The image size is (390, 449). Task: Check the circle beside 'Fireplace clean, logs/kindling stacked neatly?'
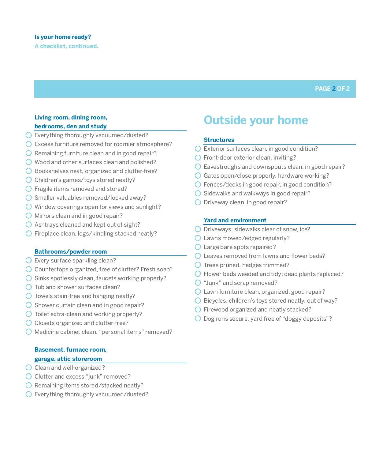pyautogui.click(x=29, y=234)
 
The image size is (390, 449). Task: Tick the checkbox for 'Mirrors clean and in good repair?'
pyautogui.click(x=29, y=216)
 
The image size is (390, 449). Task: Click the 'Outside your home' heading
pyautogui.click(x=256, y=120)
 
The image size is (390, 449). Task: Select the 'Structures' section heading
pyautogui.click(x=219, y=140)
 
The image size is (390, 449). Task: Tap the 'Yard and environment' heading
pyautogui.click(x=235, y=221)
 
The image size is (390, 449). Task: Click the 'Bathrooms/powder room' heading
pyautogui.click(x=71, y=252)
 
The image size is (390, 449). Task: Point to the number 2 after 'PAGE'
pyautogui.click(x=334, y=89)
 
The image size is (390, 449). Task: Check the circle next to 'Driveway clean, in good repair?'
pyautogui.click(x=198, y=202)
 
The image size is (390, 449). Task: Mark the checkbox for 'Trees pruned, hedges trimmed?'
pyautogui.click(x=198, y=265)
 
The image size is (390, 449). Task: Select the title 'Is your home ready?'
pyautogui.click(x=63, y=37)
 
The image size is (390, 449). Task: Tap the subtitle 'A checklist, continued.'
pyautogui.click(x=66, y=46)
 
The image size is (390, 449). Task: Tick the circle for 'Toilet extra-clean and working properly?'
pyautogui.click(x=29, y=314)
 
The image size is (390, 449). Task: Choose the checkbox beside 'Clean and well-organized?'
pyautogui.click(x=29, y=368)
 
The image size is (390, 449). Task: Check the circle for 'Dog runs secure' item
pyautogui.click(x=198, y=319)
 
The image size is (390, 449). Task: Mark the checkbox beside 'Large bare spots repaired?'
pyautogui.click(x=198, y=247)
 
